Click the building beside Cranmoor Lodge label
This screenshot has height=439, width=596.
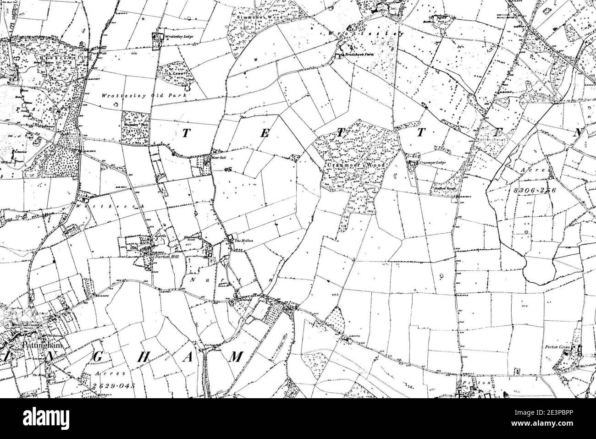click(x=412, y=163)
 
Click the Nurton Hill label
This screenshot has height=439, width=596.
click(x=166, y=258)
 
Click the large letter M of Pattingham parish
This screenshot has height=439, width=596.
click(x=235, y=357)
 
